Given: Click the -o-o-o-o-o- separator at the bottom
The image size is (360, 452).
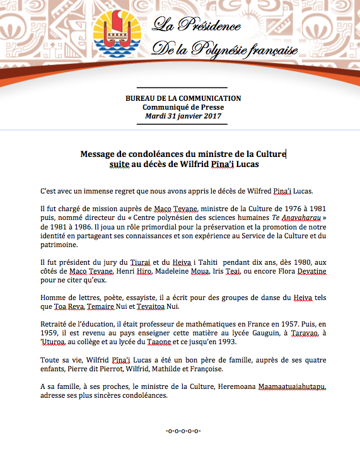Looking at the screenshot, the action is [x=182, y=431].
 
